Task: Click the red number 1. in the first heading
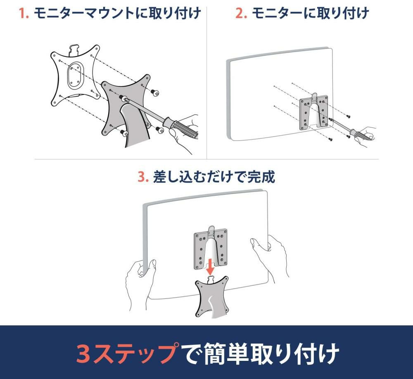[x=24, y=13]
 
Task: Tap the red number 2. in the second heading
[x=241, y=13]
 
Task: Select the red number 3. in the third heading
[x=143, y=177]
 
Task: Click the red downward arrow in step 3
[x=210, y=266]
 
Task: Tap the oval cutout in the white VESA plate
[x=75, y=75]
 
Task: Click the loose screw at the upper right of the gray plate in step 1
[x=155, y=92]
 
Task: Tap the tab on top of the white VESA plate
[x=74, y=49]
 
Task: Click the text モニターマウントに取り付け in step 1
[x=117, y=13]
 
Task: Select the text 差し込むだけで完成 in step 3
[x=214, y=177]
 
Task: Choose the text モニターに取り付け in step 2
[x=310, y=13]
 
